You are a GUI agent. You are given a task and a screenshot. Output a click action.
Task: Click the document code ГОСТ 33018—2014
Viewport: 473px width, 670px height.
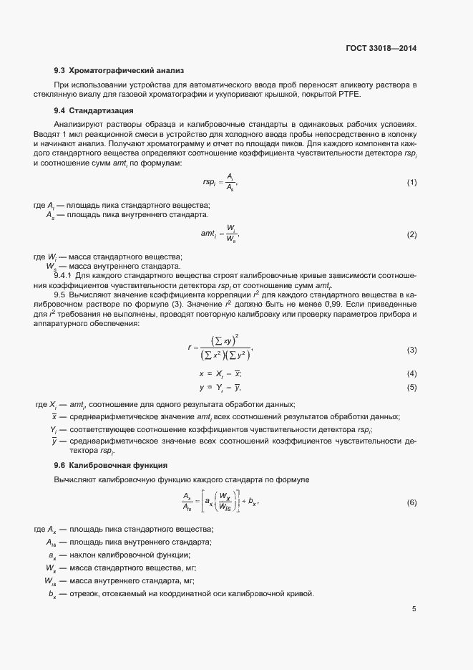(381, 48)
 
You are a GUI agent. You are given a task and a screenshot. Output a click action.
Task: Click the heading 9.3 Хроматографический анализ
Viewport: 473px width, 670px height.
(119, 70)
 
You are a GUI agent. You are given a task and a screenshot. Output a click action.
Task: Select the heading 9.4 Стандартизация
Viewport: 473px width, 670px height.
(97, 110)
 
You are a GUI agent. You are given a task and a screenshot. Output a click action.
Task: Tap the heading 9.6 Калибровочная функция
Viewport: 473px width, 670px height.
(110, 464)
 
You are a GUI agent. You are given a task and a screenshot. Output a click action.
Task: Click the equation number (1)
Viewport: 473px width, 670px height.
(411, 183)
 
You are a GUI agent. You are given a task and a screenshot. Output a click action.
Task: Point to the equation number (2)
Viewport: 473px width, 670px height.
(411, 234)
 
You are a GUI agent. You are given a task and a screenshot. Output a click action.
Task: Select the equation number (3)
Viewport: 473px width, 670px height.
(411, 350)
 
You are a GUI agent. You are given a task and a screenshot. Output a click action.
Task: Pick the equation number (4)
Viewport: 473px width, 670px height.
(411, 373)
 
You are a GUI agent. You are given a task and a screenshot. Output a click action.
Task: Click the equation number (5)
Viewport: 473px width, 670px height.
(411, 388)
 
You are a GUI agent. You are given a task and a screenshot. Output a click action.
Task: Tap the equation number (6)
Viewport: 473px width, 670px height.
(411, 502)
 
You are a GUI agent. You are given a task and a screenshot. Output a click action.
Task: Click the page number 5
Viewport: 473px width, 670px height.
(414, 610)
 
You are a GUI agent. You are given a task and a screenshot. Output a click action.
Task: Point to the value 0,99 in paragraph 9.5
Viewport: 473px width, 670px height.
(333, 304)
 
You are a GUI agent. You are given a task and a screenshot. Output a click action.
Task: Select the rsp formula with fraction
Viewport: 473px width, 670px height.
(218, 183)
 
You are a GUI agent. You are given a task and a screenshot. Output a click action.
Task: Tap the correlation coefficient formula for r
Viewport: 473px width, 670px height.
(222, 349)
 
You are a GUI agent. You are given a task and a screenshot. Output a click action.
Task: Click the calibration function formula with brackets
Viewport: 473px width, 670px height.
(220, 501)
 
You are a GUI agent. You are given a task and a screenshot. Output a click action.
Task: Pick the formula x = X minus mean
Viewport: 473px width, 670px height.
(220, 373)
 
